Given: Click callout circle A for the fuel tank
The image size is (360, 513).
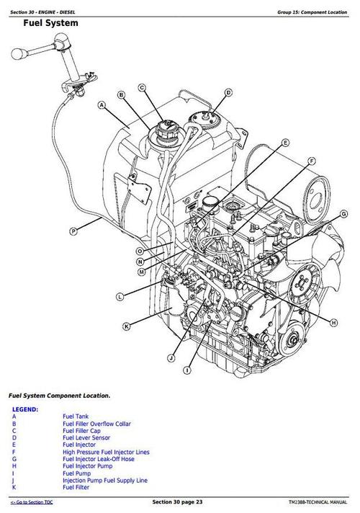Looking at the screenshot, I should click(x=102, y=104).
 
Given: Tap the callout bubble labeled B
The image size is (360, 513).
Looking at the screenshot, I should click(x=122, y=95).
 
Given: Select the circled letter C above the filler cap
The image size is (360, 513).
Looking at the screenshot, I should click(x=143, y=87).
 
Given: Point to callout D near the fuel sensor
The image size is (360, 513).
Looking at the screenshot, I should click(x=228, y=92).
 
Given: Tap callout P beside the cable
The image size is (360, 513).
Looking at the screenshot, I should click(x=73, y=231).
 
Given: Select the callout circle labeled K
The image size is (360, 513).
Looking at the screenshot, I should click(x=127, y=326).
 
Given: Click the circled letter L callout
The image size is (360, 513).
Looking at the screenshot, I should click(x=120, y=296).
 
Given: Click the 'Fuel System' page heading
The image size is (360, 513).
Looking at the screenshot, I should click(x=51, y=23).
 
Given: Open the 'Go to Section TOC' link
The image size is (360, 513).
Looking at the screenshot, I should click(x=32, y=501).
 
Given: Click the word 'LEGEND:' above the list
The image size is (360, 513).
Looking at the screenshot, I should click(x=25, y=409).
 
